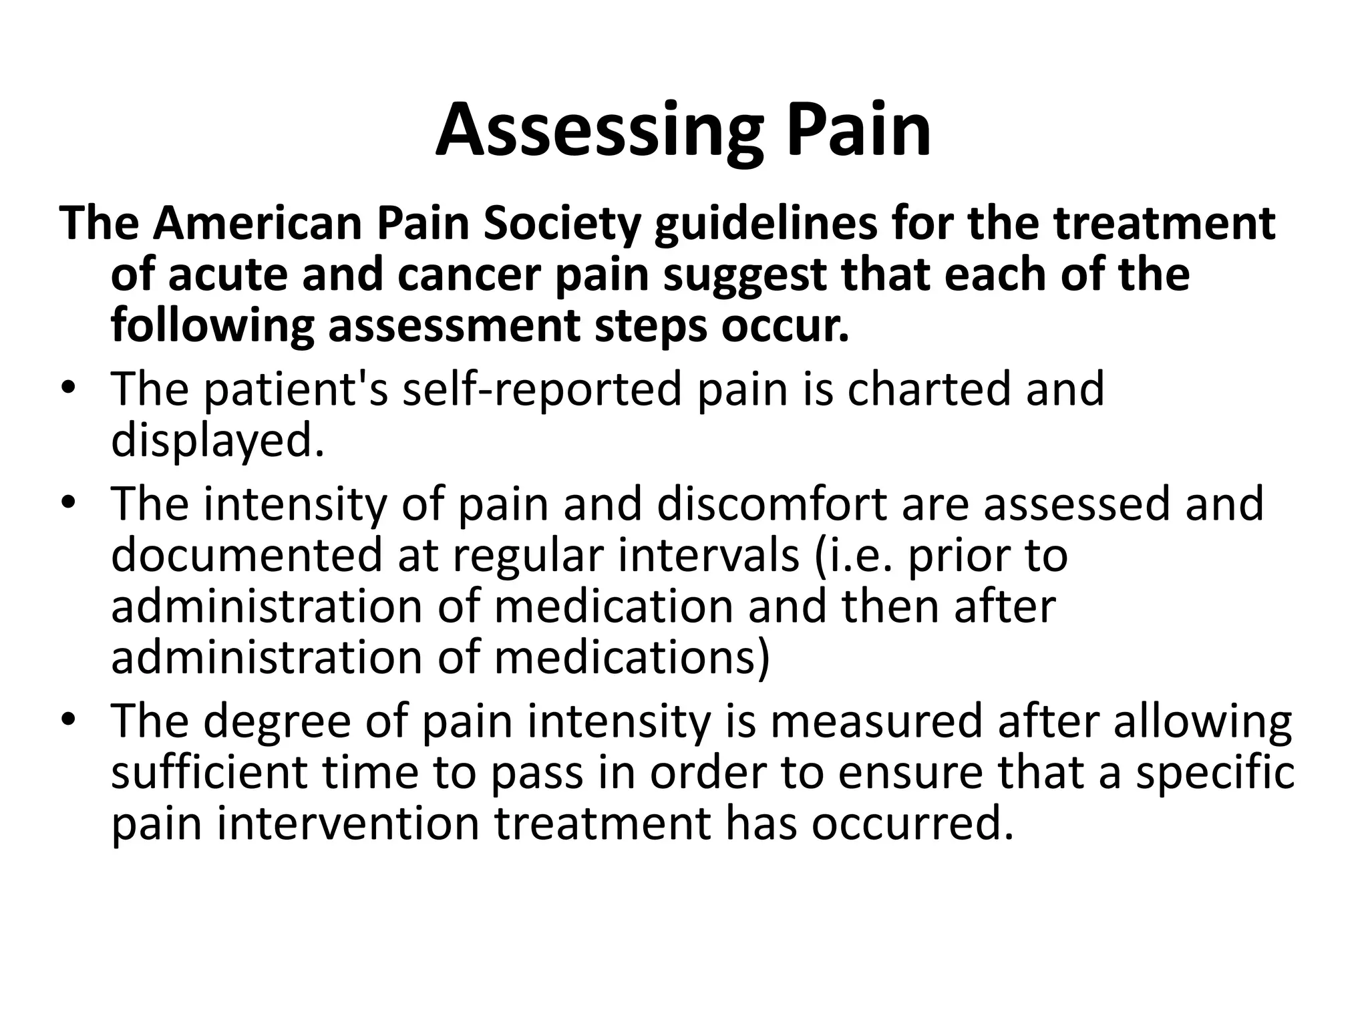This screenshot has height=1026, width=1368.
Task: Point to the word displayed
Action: click(x=217, y=441)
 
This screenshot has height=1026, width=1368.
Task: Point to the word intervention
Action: click(x=348, y=823)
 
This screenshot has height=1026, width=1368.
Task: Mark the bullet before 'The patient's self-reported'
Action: click(x=67, y=389)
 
